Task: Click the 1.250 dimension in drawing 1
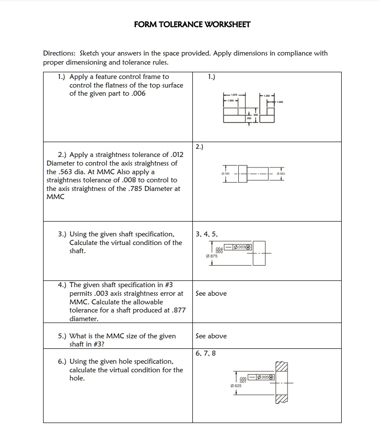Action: coord(267,96)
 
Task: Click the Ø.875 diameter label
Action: coord(212,256)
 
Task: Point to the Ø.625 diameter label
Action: coord(235,385)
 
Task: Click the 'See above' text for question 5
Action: coord(211,336)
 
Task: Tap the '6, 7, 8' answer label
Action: coord(206,353)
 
